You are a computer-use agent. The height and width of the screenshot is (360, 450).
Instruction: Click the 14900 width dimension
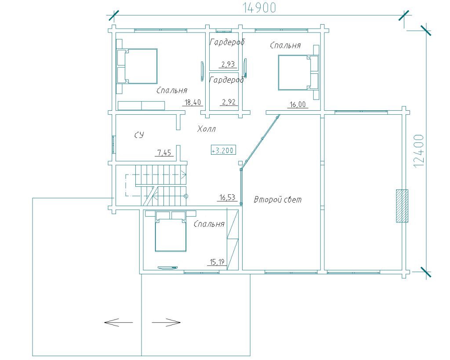259,8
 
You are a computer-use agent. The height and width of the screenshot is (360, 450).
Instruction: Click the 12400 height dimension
419,151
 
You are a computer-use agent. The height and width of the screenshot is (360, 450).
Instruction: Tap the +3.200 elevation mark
223,150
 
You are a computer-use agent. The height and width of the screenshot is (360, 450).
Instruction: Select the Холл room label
207,129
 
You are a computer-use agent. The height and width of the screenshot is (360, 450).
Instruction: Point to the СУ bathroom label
139,135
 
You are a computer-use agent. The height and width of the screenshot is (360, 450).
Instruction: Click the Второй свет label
278,199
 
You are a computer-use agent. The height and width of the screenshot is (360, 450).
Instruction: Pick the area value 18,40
193,102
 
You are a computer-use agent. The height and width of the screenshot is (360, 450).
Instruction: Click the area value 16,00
298,105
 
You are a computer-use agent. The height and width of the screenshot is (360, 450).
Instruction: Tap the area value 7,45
164,153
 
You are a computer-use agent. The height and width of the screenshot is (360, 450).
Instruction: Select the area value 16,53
227,197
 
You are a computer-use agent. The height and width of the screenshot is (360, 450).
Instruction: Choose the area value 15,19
217,262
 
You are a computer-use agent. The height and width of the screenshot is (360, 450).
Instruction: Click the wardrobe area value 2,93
229,64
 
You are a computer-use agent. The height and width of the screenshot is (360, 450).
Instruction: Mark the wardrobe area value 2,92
229,102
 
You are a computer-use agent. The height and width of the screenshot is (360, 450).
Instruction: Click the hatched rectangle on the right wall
402,206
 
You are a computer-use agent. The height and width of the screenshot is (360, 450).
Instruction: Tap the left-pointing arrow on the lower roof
118,322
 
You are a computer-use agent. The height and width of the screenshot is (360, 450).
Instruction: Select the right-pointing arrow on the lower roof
166,322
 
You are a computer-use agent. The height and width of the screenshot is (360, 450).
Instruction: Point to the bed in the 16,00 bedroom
298,73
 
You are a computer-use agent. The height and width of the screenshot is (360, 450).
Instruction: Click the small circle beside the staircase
186,196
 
